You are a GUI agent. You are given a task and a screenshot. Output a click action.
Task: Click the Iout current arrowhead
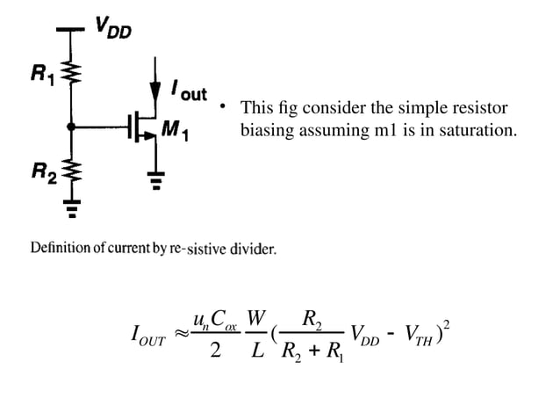click(156, 89)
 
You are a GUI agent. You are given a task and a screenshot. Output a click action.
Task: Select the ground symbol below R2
click(71, 208)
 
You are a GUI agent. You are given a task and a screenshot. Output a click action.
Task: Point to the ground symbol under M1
click(156, 183)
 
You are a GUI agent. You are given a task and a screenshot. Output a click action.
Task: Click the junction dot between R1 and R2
click(71, 127)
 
